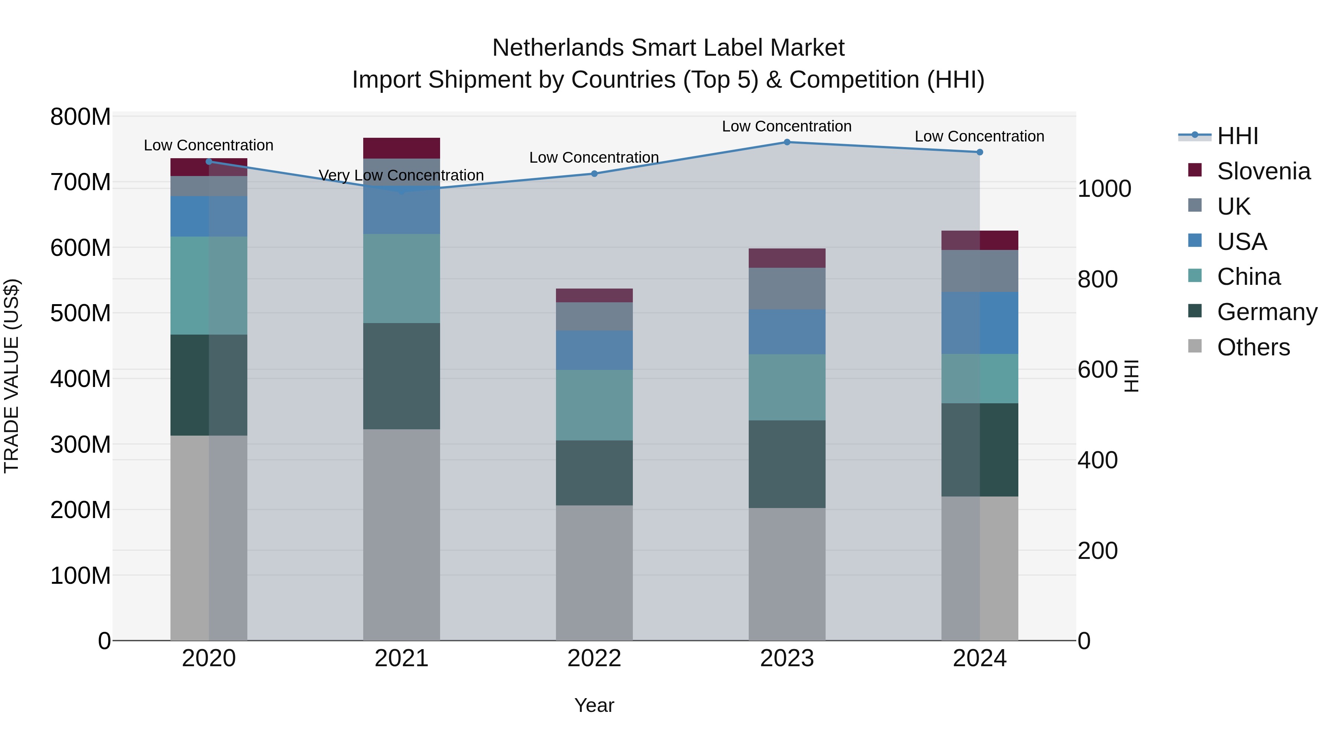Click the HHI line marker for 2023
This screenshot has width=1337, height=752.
(787, 142)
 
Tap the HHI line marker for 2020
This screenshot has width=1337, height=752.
(209, 162)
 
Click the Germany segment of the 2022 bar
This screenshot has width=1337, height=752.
(594, 473)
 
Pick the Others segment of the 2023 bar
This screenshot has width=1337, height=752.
(787, 574)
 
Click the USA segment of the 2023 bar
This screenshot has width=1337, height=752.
(787, 332)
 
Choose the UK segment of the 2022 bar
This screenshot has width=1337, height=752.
(594, 316)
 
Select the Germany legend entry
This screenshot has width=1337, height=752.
(1266, 312)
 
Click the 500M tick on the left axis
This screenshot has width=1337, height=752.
(81, 313)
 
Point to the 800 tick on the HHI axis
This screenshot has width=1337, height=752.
(1097, 279)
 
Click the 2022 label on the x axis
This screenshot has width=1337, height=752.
(594, 658)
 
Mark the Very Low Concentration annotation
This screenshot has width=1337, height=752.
(401, 175)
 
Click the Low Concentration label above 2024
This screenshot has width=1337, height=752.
(979, 137)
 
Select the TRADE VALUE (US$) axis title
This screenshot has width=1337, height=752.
(12, 376)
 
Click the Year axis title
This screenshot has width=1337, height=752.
(594, 705)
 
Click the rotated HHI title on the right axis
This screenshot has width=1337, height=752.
(1132, 376)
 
